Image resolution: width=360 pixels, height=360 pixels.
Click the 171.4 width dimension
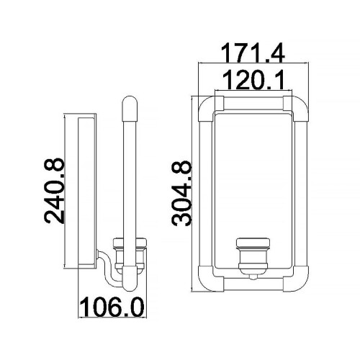(253, 52)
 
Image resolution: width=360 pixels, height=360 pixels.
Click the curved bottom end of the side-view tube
(129, 276)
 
